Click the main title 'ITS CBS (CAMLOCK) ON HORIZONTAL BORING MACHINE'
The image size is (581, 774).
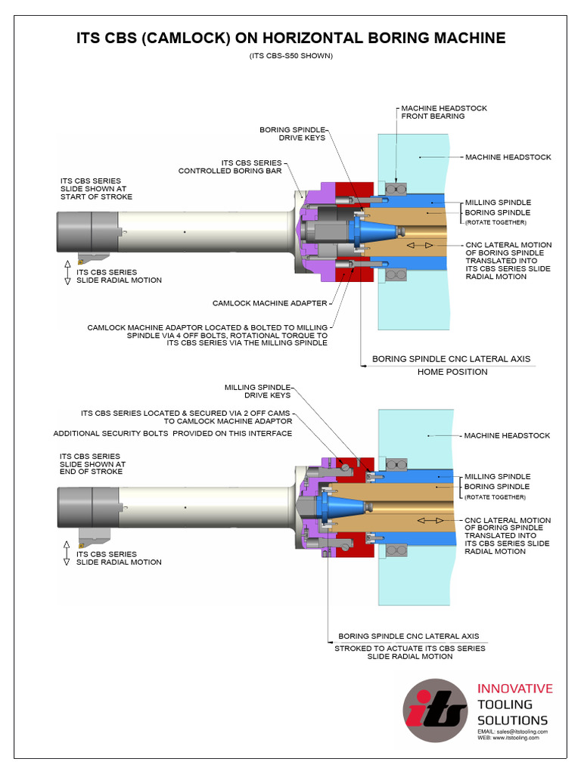[x=290, y=38]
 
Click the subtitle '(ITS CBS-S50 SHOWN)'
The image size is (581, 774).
[x=290, y=56]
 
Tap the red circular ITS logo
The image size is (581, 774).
[x=435, y=710]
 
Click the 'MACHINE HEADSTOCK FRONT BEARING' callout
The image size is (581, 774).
[x=444, y=113]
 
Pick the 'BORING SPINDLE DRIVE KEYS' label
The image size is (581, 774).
[x=292, y=134]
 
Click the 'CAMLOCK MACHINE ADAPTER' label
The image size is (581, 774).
[x=269, y=303]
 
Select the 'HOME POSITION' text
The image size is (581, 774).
[x=452, y=372]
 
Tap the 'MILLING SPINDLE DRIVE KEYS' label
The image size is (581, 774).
[x=257, y=391]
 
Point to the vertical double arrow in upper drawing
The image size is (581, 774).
[x=67, y=271]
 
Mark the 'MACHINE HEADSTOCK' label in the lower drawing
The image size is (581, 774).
[x=507, y=436]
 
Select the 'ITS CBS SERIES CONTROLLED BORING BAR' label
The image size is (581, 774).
[x=230, y=167]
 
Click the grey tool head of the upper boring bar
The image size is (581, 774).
[x=86, y=231]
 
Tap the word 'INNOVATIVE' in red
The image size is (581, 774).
[x=514, y=689]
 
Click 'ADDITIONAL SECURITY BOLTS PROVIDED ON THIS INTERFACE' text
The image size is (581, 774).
[x=172, y=433]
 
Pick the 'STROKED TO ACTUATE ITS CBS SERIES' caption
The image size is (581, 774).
[x=410, y=649]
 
